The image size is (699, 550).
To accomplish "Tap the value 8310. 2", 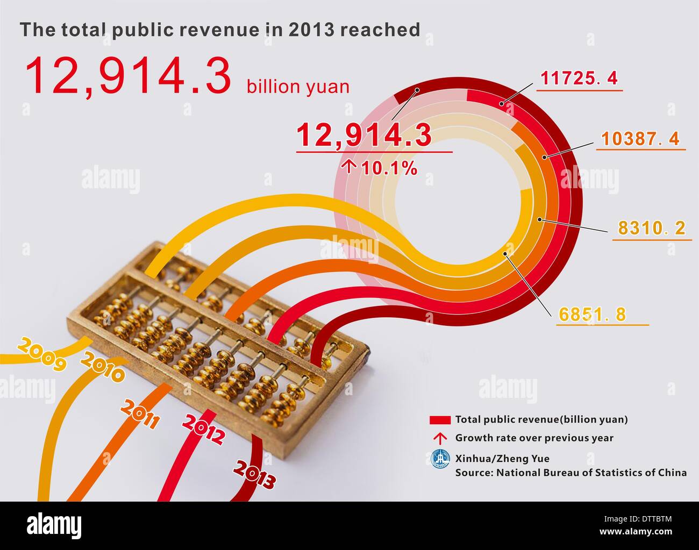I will click(651, 228).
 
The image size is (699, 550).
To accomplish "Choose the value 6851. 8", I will click(593, 314).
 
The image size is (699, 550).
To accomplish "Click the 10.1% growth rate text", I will click(389, 168).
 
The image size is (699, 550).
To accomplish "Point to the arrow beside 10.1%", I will click(349, 168).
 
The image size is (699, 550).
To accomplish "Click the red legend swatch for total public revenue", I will click(439, 420).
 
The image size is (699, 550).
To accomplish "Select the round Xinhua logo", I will click(440, 459).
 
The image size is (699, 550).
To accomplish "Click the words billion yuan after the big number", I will click(298, 87).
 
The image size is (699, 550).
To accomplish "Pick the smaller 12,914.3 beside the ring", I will click(364, 135).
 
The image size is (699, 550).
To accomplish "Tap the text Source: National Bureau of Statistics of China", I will click(570, 473).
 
